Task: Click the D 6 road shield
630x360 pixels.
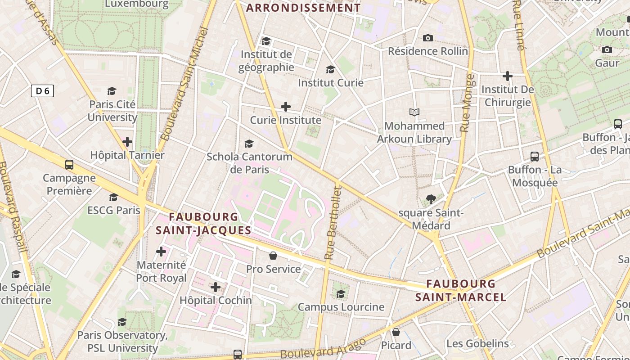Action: tap(42, 91)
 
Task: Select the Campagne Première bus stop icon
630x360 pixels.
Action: tap(69, 165)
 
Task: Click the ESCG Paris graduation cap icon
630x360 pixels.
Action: tap(113, 198)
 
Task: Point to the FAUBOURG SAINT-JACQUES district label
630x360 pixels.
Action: tap(203, 224)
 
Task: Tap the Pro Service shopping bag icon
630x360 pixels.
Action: tap(273, 256)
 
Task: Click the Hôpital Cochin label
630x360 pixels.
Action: tap(216, 300)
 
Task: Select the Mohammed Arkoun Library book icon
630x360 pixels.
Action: tap(414, 112)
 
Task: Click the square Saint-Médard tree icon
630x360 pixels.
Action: tap(431, 199)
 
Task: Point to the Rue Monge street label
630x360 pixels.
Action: tap(467, 103)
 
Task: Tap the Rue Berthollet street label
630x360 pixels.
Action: tap(333, 223)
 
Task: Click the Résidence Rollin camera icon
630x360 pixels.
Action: tap(428, 38)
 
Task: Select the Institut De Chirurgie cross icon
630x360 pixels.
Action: tap(508, 76)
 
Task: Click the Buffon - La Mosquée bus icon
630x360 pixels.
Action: tap(535, 157)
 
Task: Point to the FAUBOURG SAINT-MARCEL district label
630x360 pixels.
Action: tap(461, 291)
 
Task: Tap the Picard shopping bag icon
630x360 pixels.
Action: tap(396, 332)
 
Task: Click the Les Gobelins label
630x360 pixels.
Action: tap(477, 344)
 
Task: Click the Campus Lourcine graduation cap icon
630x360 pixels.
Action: tap(341, 294)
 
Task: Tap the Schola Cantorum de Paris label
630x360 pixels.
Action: tap(249, 163)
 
